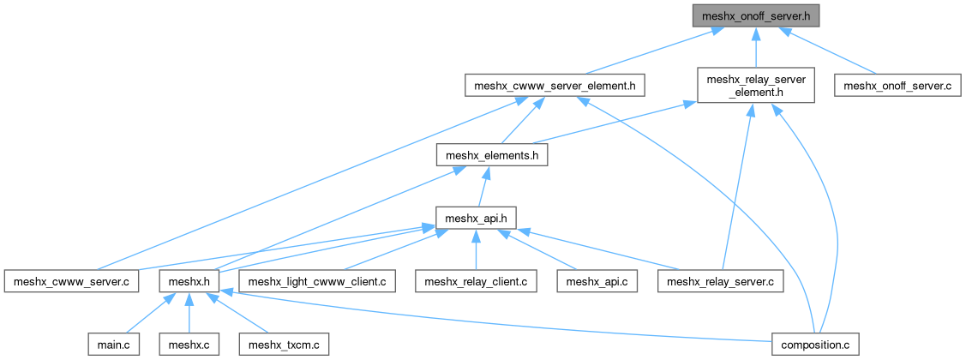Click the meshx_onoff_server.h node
click(x=754, y=15)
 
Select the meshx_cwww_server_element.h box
click(x=555, y=86)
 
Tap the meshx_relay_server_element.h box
click(x=755, y=86)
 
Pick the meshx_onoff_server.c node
click(x=897, y=86)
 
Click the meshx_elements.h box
click(x=491, y=154)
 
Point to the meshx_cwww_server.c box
click(x=71, y=280)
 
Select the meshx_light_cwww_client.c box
click(x=318, y=280)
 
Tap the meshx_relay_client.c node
click(x=476, y=280)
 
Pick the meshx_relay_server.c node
click(x=720, y=280)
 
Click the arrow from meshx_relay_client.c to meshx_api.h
click(x=474, y=249)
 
